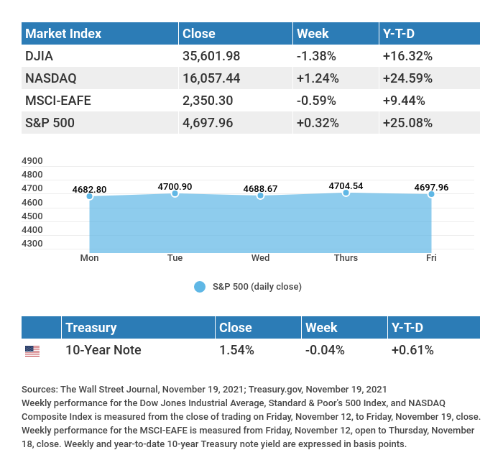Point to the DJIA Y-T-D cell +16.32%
coord(407,56)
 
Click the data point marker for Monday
coord(90,196)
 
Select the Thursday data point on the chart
coord(346,193)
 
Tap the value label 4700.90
coord(175,186)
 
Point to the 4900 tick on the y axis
coord(33,161)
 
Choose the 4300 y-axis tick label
coord(33,244)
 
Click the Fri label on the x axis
coord(431,258)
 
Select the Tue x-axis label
coord(175,258)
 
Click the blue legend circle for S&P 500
coord(200,287)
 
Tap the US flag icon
coord(32,351)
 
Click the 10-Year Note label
coord(103,350)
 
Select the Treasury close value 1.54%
coord(236,350)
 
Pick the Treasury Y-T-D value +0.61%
coord(412,350)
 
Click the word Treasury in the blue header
coord(91,328)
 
